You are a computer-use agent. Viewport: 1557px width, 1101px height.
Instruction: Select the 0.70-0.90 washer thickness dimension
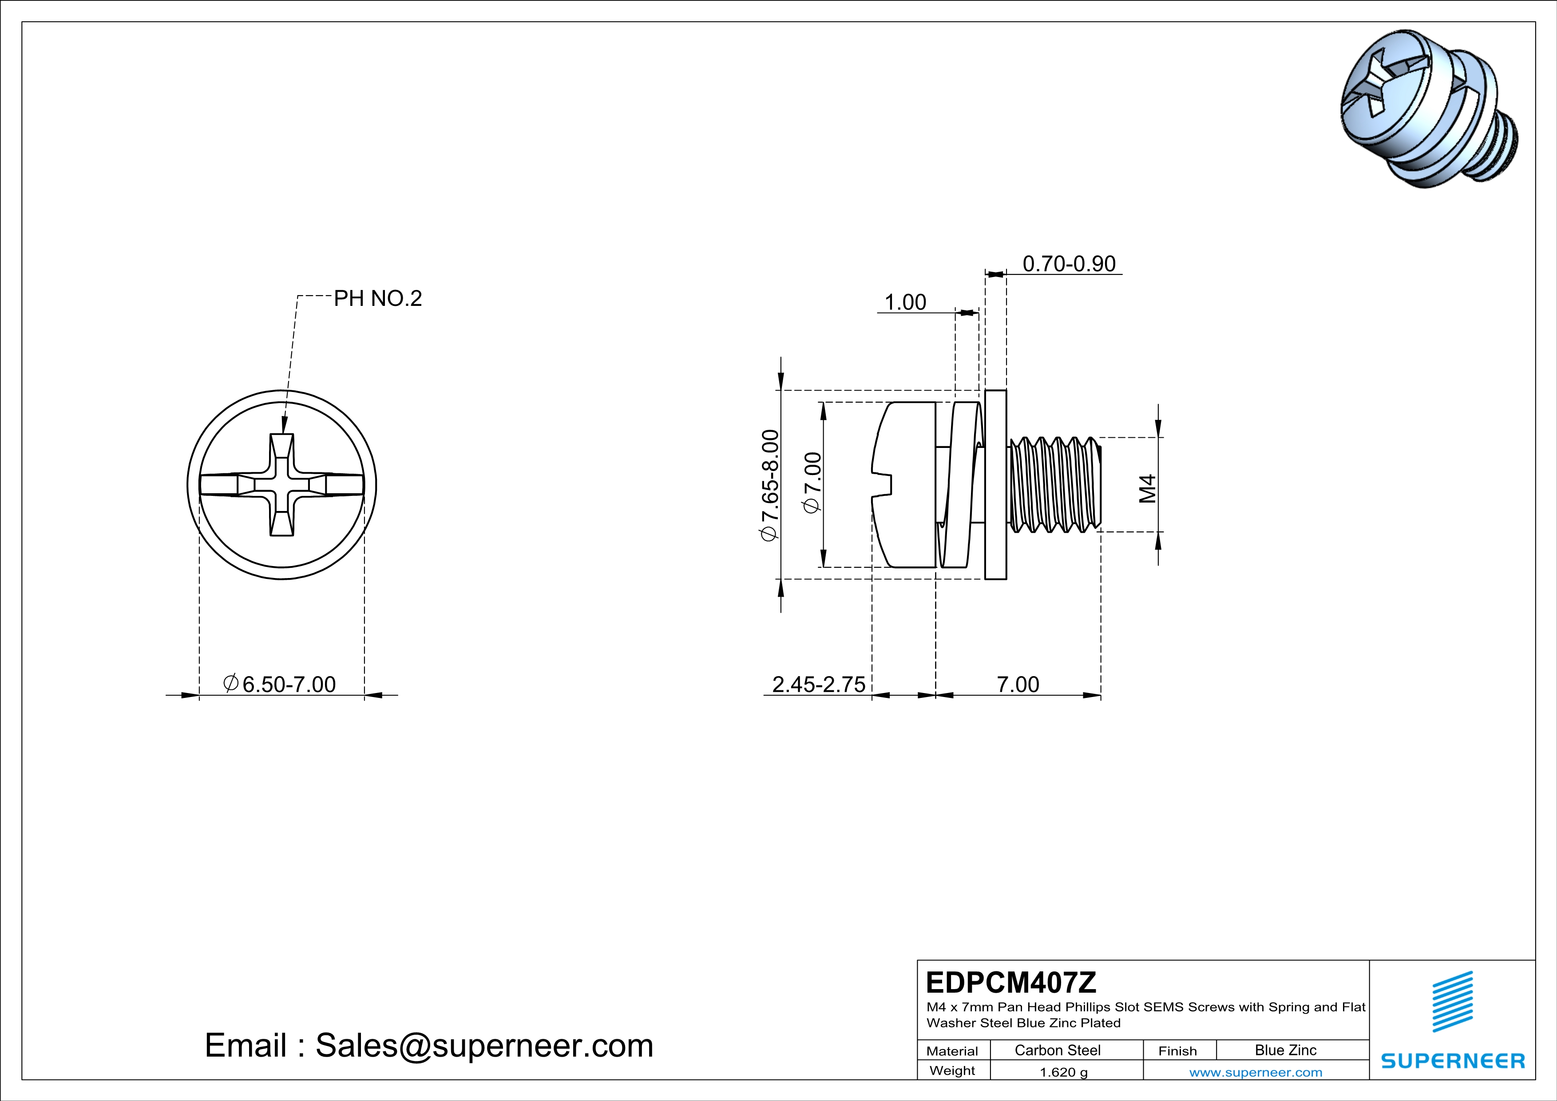(1069, 264)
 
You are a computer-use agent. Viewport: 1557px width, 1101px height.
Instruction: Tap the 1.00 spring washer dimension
(905, 302)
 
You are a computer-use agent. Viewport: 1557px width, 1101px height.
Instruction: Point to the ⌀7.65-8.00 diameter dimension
(770, 485)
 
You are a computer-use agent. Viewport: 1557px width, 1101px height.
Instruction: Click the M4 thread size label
(1147, 488)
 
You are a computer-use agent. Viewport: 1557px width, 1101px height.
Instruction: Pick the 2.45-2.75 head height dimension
(819, 684)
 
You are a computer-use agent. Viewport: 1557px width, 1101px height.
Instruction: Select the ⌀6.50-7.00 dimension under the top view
(280, 684)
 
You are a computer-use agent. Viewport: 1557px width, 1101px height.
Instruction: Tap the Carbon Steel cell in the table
(1057, 1050)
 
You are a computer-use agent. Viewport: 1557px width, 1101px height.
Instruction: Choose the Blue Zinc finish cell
(1285, 1050)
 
